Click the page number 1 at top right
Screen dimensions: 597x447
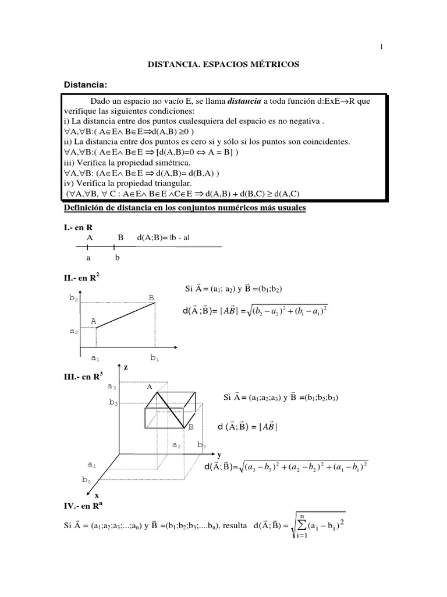coord(382,47)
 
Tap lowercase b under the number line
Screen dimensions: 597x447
coord(117,257)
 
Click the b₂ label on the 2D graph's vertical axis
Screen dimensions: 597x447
coord(73,298)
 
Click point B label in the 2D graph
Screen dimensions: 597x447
coord(151,298)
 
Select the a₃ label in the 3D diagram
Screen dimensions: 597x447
coord(112,386)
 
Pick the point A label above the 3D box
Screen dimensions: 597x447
coord(150,387)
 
